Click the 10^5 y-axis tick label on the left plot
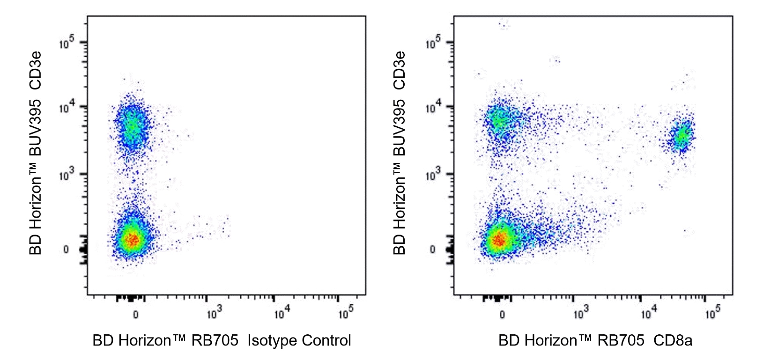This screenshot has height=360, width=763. (67, 44)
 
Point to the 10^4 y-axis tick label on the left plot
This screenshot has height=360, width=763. (67, 108)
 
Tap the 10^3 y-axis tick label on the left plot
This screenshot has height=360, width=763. (67, 176)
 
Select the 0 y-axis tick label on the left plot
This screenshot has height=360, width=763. (66, 250)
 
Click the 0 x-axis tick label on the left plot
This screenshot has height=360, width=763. (135, 315)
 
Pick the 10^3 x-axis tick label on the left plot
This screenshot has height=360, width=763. (215, 313)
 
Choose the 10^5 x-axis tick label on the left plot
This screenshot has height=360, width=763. (346, 312)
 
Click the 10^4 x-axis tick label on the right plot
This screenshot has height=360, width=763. (649, 313)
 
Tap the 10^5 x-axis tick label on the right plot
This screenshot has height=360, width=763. (713, 312)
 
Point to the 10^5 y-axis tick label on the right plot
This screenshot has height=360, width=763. (433, 44)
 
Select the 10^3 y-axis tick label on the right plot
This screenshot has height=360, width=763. (433, 176)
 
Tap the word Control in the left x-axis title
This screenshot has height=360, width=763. (326, 340)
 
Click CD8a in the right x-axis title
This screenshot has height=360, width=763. (673, 340)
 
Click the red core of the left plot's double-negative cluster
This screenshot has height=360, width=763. (133, 240)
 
